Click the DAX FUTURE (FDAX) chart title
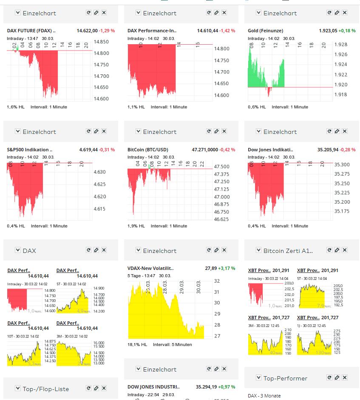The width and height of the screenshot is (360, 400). pos(31,31)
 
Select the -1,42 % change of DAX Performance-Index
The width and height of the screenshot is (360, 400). pos(227,31)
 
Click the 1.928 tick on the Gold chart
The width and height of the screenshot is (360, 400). pos(340,44)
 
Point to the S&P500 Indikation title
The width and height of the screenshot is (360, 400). pos(30,150)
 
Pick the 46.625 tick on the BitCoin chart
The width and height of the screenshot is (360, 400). pos(221,219)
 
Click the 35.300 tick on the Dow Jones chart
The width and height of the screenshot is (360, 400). pos(342,165)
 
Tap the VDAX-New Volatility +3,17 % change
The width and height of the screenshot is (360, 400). pos(227,268)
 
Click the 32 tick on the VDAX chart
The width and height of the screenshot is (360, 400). pos(217,281)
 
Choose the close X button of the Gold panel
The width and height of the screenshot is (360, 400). pos(345,13)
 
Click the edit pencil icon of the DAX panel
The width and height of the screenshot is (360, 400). pos(96,250)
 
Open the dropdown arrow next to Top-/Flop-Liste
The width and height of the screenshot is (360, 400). pos(18,388)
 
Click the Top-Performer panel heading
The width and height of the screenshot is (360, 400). pos(285,378)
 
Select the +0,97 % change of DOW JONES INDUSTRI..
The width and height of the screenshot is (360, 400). pos(227,387)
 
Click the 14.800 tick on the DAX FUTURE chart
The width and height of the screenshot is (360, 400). pos(101,53)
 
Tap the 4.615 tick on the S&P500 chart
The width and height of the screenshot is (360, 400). pos(100,209)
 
